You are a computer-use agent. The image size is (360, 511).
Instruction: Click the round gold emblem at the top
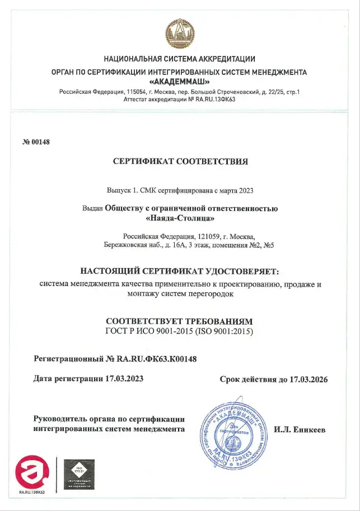click(x=180, y=32)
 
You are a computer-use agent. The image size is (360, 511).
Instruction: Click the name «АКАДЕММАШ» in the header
click(x=180, y=82)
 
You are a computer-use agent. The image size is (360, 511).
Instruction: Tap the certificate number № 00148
click(x=36, y=142)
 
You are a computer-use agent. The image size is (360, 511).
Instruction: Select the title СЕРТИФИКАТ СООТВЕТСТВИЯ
click(x=180, y=162)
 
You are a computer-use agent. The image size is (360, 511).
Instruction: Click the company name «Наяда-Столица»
click(x=180, y=218)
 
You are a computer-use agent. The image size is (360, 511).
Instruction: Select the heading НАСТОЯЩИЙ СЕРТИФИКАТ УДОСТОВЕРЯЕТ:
click(x=180, y=271)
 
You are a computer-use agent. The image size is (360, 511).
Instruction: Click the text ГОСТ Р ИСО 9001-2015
click(x=148, y=331)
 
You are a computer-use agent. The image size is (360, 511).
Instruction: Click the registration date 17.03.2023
click(x=124, y=379)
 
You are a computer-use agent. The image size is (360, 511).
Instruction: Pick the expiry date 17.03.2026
click(x=308, y=379)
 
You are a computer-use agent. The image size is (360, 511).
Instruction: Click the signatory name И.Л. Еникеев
click(x=300, y=430)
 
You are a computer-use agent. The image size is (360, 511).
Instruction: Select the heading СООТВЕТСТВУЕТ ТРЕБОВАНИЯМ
click(x=180, y=321)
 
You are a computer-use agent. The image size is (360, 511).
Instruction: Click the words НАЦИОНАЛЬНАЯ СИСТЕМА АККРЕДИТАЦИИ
click(x=180, y=59)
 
